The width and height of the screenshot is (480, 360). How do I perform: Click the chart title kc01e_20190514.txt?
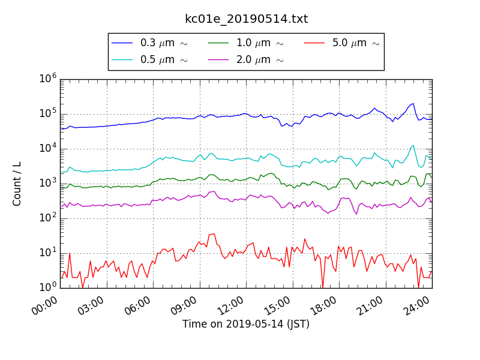pos(246,19)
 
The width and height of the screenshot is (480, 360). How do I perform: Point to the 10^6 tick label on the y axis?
pos(48,79)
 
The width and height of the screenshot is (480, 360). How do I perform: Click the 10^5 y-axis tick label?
pos(48,113)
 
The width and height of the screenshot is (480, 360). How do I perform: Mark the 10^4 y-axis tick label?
pos(48,148)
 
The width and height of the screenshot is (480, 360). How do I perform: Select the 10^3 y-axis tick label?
pos(48,183)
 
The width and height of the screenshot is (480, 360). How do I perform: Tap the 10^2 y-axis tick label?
pos(48,218)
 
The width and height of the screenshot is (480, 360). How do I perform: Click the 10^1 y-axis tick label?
pos(48,253)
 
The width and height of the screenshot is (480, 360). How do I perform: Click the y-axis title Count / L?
pos(17,184)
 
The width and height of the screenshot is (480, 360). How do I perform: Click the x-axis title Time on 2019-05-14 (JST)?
pos(246,325)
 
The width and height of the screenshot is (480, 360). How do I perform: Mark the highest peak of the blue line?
pos(413,103)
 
